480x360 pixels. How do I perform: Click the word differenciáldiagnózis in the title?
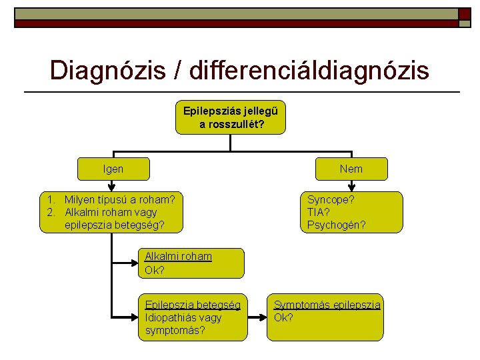309,70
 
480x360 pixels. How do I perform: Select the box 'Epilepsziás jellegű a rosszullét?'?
231,117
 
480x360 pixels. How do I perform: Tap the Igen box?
113,169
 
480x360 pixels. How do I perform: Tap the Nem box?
351,169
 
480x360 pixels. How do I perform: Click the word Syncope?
331,199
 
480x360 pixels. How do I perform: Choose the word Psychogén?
336,225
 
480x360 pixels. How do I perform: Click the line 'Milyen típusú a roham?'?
120,199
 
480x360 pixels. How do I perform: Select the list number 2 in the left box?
51,212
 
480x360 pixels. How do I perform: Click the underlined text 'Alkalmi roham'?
178,257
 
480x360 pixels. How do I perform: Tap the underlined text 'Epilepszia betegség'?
193,305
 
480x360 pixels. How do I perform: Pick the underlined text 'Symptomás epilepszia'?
327,305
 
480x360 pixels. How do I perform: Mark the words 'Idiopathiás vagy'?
183,317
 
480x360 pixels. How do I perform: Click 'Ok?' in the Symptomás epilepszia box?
283,317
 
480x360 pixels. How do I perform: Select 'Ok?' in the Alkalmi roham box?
154,270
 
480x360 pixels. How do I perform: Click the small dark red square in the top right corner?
464,14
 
